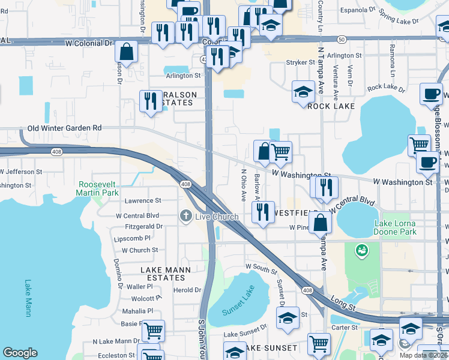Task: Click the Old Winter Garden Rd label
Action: click(65, 128)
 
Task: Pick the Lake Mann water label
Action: click(28, 298)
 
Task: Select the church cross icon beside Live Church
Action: click(186, 215)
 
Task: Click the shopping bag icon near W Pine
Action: click(322, 222)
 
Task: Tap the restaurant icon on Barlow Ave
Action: click(262, 212)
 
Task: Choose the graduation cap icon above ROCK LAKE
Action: click(303, 92)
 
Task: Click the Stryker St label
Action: click(300, 62)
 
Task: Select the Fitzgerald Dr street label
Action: click(143, 227)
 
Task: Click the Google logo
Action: click(20, 353)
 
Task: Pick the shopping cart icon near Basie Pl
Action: click(153, 329)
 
